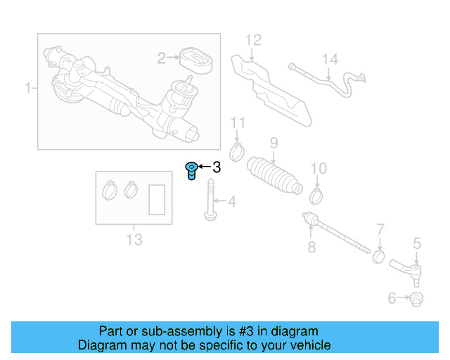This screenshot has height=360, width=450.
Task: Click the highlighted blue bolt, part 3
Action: (x=191, y=170)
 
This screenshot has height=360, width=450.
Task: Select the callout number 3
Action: (x=217, y=167)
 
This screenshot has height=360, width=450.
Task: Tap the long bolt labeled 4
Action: (x=210, y=201)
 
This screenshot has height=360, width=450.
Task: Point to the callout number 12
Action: (x=253, y=40)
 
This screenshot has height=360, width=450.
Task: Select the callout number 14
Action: (x=330, y=60)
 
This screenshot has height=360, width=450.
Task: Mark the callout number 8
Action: (x=311, y=247)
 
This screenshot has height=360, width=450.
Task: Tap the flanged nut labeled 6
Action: (x=416, y=300)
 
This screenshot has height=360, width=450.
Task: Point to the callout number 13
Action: (x=134, y=240)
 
